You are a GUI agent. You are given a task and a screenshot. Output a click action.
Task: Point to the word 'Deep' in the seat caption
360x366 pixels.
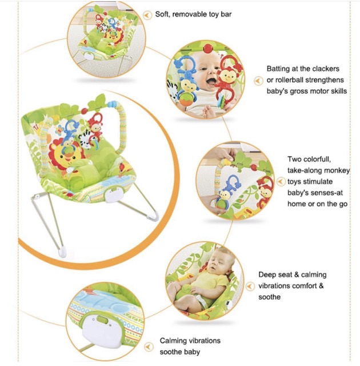click(x=267, y=274)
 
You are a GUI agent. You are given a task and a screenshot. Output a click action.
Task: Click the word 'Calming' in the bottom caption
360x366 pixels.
click(x=173, y=341)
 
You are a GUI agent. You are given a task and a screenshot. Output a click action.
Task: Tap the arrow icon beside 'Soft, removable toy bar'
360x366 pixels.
click(x=147, y=14)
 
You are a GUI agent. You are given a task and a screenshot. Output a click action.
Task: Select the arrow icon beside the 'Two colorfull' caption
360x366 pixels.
click(x=281, y=181)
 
